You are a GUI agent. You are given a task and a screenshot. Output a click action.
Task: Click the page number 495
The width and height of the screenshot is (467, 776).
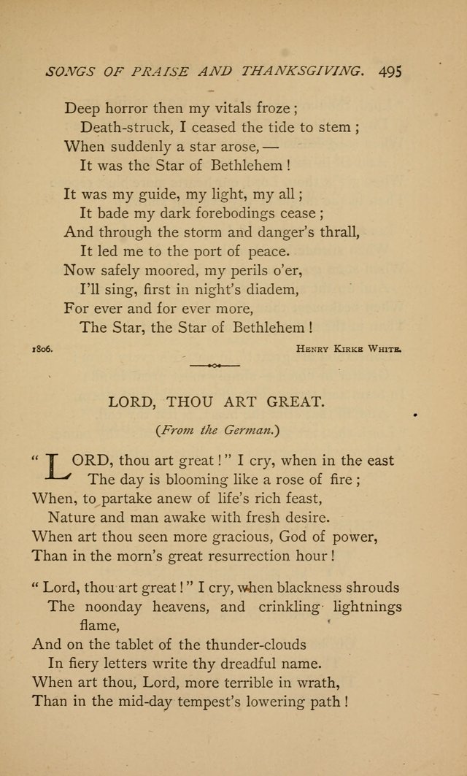391,72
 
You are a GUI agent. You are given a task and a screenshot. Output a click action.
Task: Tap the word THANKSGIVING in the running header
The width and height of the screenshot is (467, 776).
304,72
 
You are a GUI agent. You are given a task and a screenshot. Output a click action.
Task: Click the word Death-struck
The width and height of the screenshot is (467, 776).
120,126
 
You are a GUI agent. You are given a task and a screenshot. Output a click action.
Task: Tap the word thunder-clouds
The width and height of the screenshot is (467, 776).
247,644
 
